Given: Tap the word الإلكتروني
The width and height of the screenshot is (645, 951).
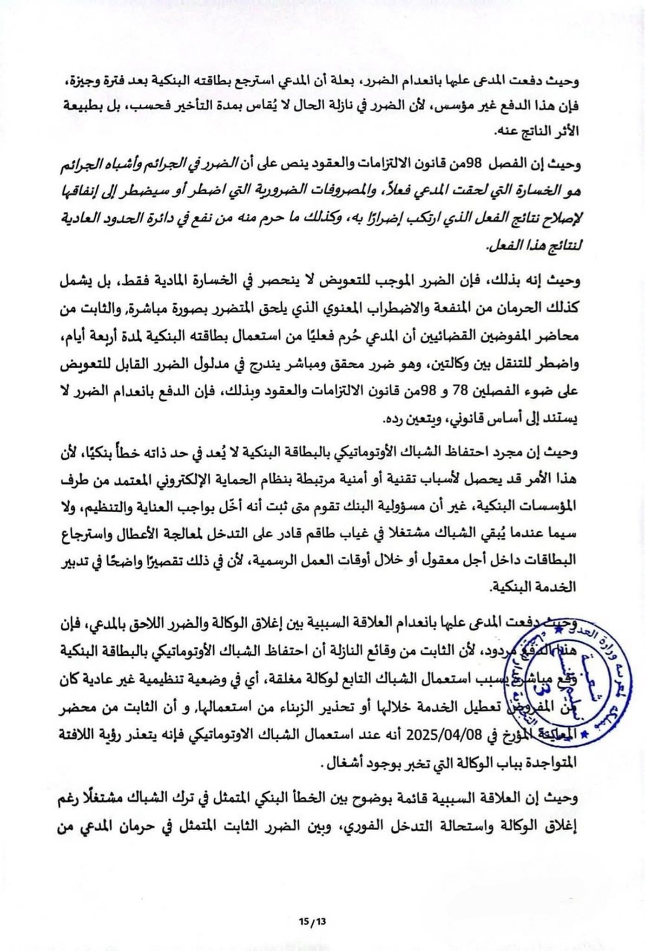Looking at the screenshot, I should click(x=227, y=480).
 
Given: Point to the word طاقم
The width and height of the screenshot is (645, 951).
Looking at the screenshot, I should click(x=343, y=534).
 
